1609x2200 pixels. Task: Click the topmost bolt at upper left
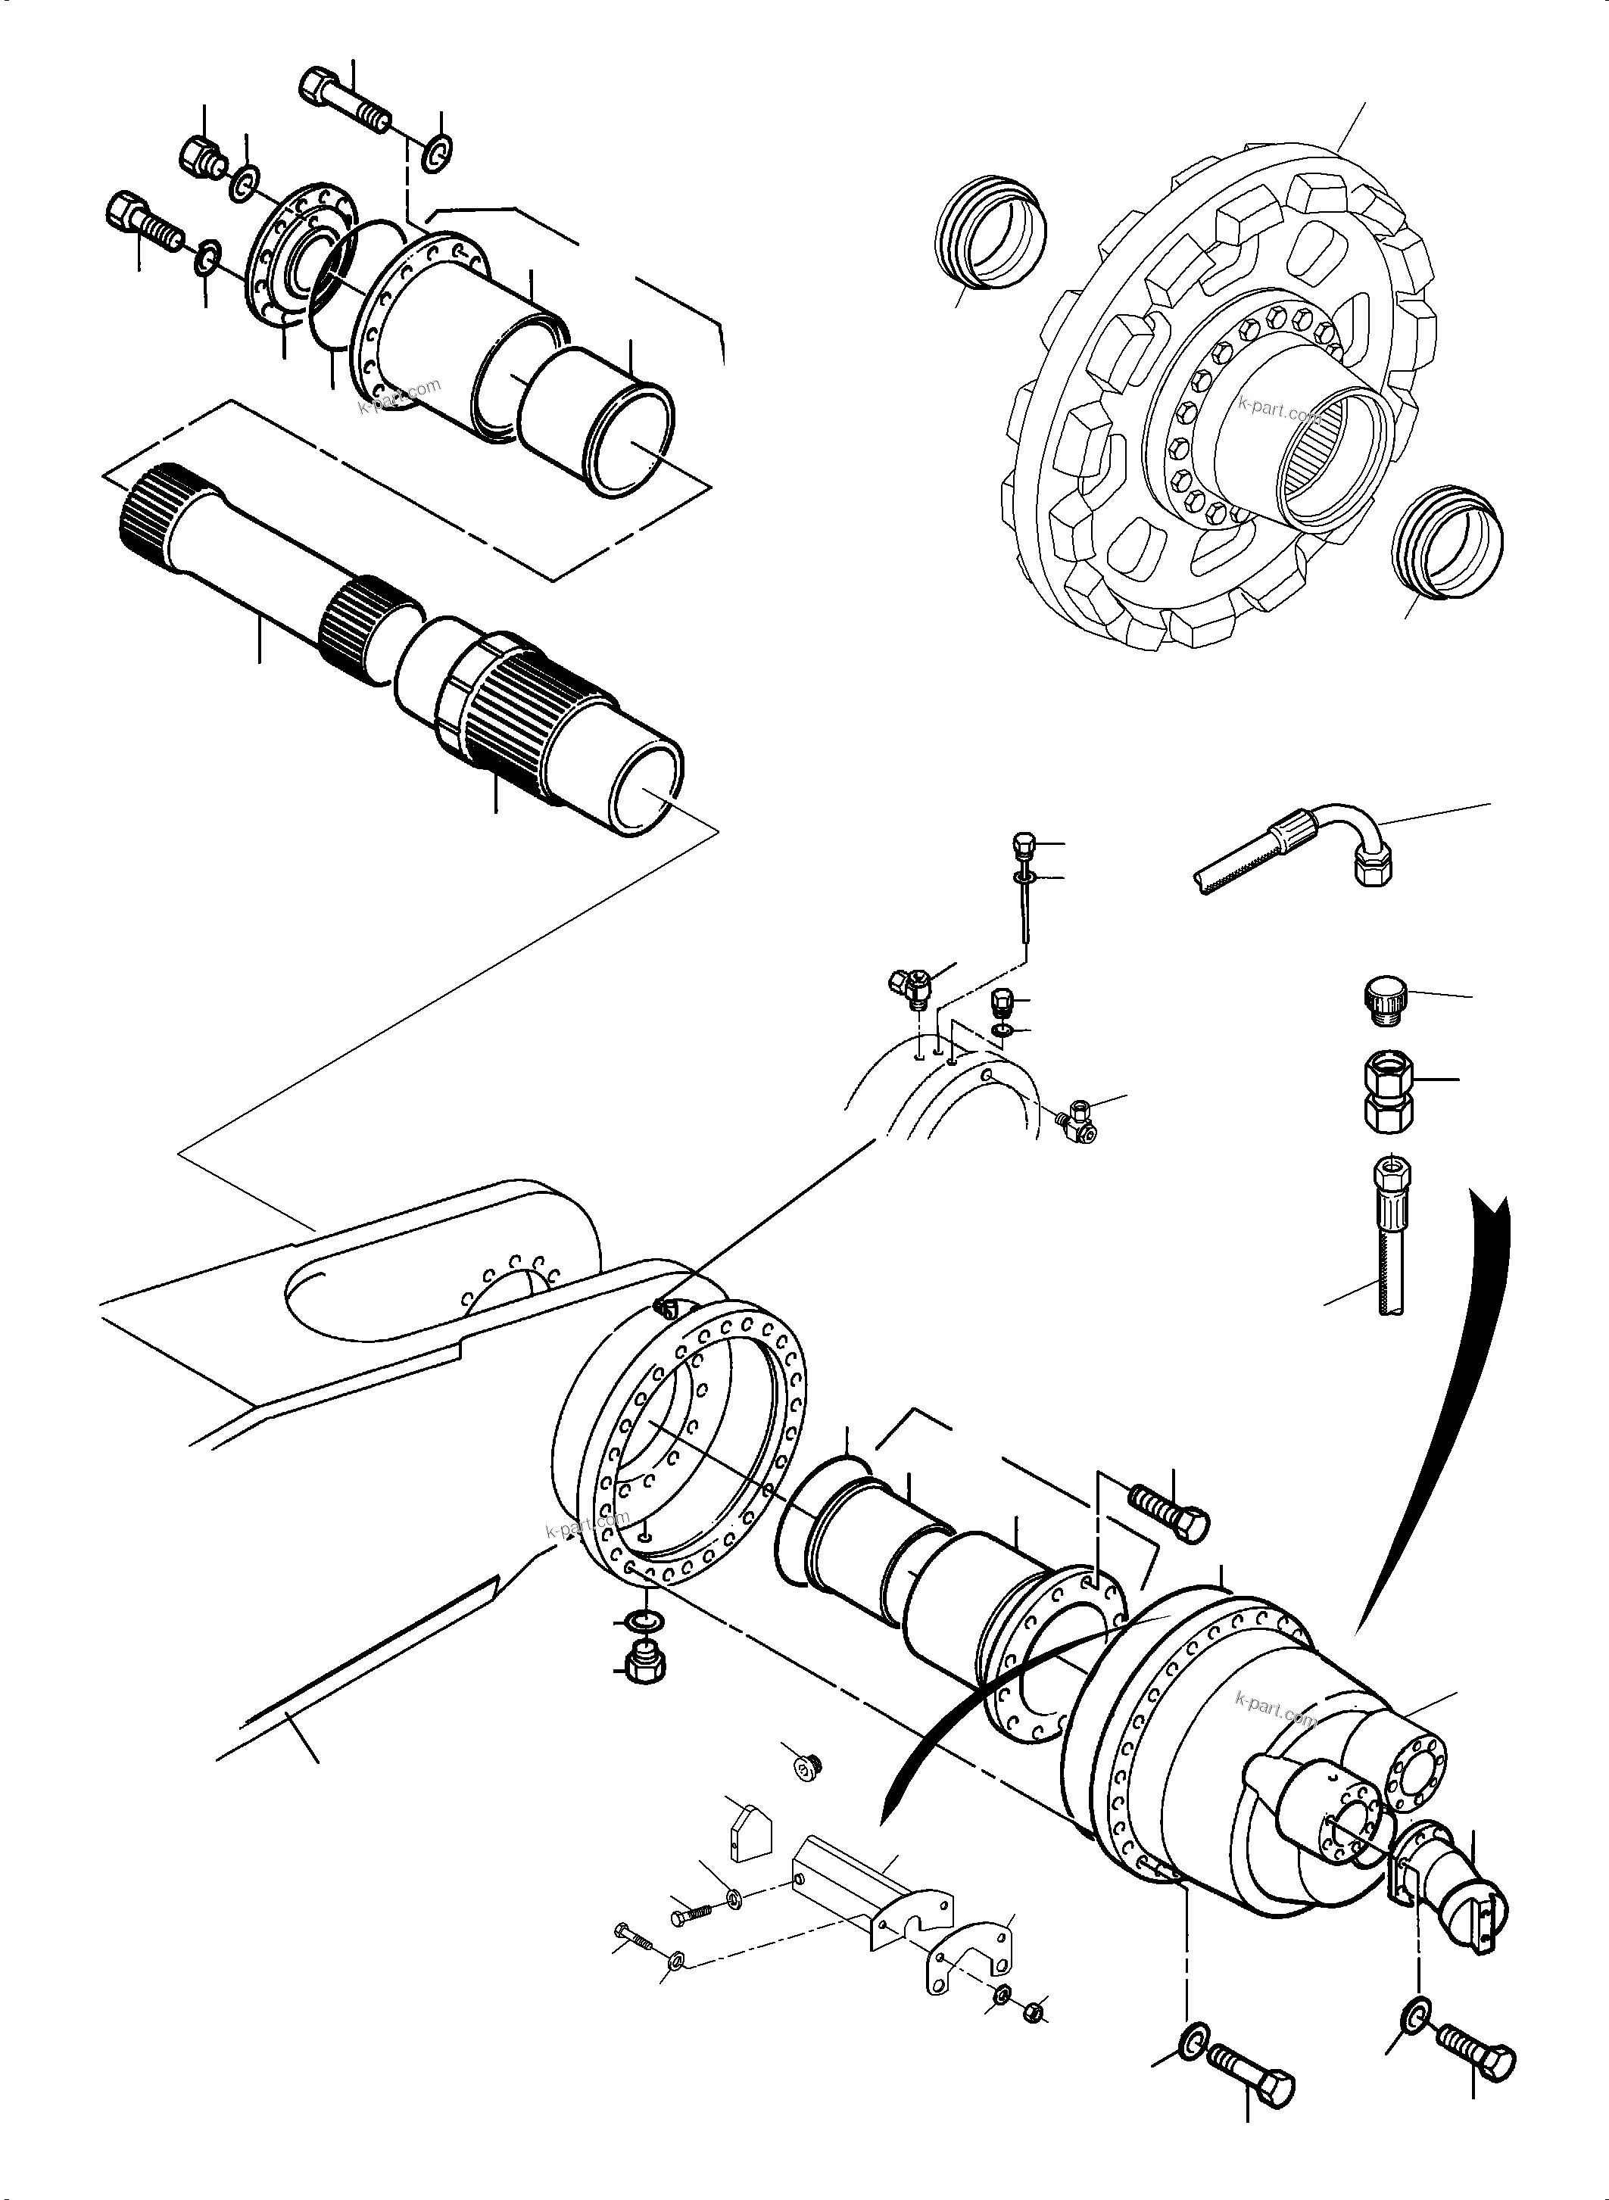[346, 102]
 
